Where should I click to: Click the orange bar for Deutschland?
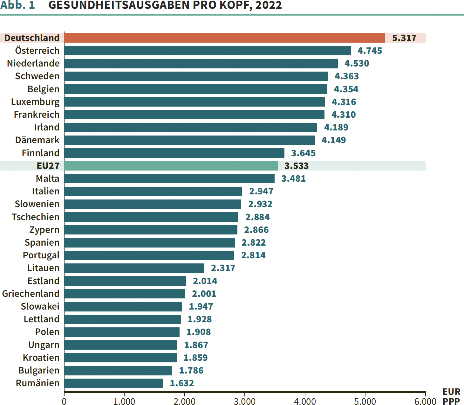tap(224, 38)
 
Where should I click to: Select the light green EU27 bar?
tap(171, 166)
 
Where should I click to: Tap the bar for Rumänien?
tap(113, 383)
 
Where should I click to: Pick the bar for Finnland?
tap(174, 153)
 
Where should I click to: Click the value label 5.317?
tap(404, 38)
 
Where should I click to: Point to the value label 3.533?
tap(297, 166)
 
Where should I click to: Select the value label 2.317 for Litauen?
tap(223, 268)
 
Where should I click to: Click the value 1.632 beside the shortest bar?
tap(182, 383)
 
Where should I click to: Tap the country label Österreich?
tap(37, 51)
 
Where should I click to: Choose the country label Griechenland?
tap(31, 294)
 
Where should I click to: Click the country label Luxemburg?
tap(35, 102)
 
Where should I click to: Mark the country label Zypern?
tap(44, 230)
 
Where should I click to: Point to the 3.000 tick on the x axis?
tap(245, 402)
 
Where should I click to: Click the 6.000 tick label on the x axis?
tap(425, 402)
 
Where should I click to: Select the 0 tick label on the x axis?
tap(64, 402)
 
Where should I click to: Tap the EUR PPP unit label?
tap(451, 396)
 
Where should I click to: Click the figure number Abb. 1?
tap(17, 5)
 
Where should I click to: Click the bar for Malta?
tap(169, 179)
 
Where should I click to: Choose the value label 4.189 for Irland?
tap(336, 128)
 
